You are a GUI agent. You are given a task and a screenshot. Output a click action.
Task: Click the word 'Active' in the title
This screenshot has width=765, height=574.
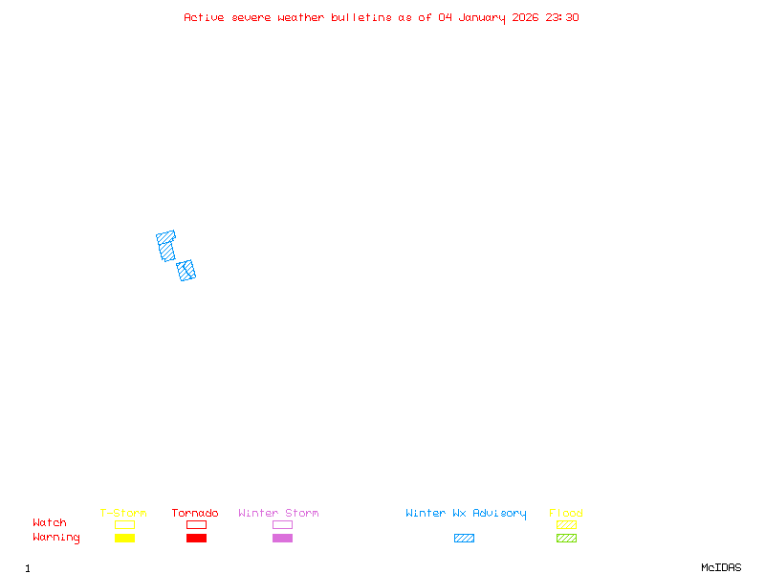[x=205, y=17]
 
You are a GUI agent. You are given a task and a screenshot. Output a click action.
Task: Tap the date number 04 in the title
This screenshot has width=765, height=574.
[x=445, y=17]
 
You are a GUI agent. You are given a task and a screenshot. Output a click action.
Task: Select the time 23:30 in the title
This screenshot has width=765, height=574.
[x=562, y=17]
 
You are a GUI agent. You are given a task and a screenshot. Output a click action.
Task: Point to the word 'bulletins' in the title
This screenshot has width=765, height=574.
[x=360, y=17]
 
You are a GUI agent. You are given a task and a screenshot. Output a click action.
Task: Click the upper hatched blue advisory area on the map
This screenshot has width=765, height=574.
[x=166, y=245]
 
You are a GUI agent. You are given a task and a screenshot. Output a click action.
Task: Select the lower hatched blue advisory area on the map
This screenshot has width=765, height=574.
[x=186, y=271]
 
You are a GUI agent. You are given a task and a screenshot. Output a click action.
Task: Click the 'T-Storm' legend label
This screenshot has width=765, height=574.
[x=123, y=514]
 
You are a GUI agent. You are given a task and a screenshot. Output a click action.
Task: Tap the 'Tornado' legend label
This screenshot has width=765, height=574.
[x=195, y=514]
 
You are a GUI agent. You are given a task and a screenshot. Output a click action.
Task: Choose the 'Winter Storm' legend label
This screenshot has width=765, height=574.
[x=278, y=514]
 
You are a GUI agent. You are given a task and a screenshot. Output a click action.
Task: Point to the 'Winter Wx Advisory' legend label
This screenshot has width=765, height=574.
[x=466, y=514]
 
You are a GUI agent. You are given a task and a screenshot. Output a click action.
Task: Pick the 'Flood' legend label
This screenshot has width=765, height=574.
[x=566, y=514]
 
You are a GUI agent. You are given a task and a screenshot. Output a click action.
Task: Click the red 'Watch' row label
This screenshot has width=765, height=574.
[x=50, y=523]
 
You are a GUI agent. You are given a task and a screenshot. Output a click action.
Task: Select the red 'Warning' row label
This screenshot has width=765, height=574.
[x=56, y=538]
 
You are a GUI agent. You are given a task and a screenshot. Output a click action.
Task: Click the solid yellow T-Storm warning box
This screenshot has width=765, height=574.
[x=124, y=539]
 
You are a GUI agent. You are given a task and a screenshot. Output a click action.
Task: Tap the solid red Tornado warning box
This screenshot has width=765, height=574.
[x=196, y=539]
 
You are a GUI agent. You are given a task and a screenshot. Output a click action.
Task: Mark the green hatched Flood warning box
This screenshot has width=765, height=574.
[x=566, y=539]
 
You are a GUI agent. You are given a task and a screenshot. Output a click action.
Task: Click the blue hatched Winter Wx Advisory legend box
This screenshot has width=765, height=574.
[x=464, y=539]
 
